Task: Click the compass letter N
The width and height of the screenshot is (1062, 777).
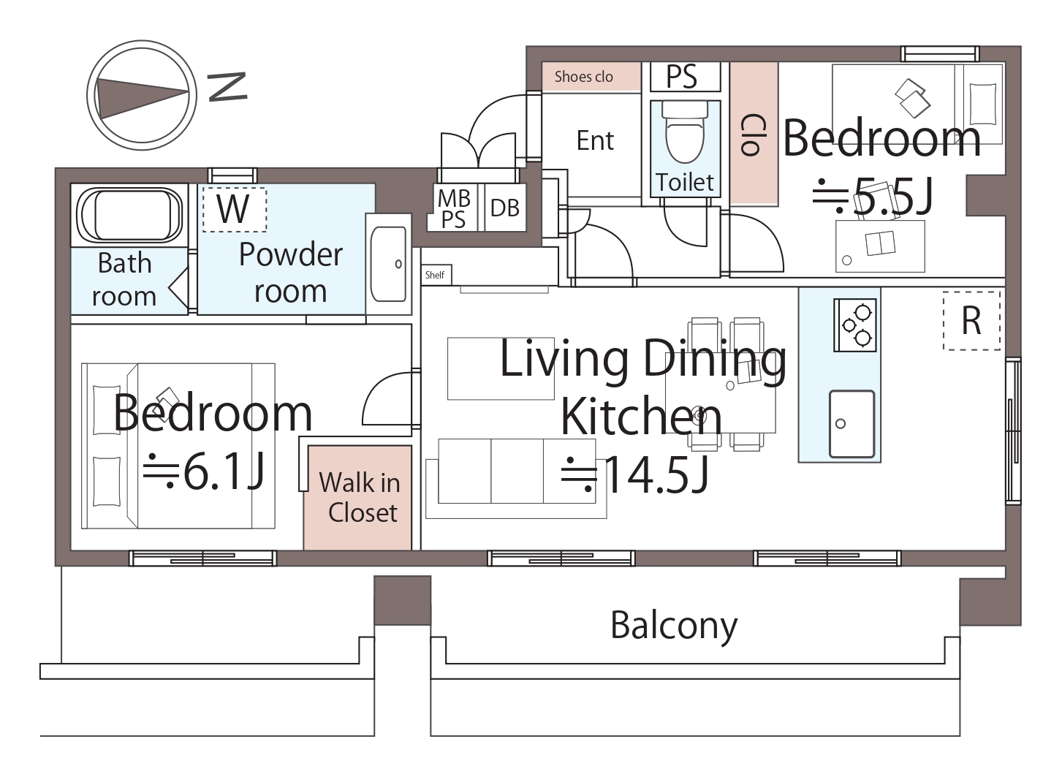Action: [x=228, y=87]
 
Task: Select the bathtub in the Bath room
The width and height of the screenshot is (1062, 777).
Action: [x=130, y=215]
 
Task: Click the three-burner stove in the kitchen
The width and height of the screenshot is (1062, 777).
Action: [x=855, y=325]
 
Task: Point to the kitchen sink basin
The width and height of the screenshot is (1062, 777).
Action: [x=852, y=424]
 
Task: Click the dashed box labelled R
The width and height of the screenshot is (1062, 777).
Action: [x=971, y=321]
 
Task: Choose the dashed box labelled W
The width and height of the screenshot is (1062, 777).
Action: [x=234, y=210]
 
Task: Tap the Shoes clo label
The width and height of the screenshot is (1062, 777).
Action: [x=584, y=77]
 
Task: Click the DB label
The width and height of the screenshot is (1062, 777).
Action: [x=505, y=208]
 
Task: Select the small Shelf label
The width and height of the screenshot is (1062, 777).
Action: [x=435, y=275]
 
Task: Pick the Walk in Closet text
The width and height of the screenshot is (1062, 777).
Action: [x=360, y=497]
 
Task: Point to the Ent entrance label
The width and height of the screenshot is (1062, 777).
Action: [x=595, y=140]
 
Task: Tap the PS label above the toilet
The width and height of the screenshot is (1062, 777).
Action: [x=682, y=76]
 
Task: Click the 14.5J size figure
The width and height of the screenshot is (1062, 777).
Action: [x=635, y=475]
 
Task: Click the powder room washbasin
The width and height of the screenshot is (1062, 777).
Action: [x=388, y=264]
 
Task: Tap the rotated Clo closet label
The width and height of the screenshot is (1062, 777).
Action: [x=754, y=135]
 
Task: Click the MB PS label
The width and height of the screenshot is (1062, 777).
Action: [x=454, y=209]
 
